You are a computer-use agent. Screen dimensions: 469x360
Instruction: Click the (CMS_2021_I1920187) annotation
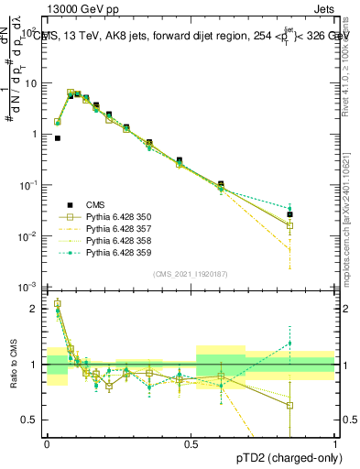click(x=191, y=274)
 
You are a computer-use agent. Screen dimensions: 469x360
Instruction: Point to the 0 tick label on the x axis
click(x=47, y=443)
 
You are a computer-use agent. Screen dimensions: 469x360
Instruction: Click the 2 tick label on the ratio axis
click(x=34, y=309)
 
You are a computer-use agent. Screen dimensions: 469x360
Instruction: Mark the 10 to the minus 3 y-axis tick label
click(x=27, y=288)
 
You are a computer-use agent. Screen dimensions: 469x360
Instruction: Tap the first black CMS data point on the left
click(x=58, y=138)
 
